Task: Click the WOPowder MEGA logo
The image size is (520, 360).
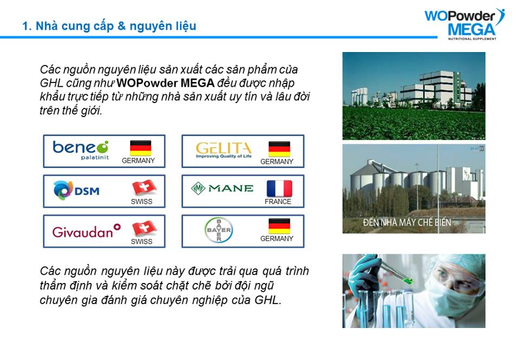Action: pos(464,24)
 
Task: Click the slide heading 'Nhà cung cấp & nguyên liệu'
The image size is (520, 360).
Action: pos(116,26)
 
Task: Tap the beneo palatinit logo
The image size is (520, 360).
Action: pos(81,150)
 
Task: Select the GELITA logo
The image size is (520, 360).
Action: pos(224,150)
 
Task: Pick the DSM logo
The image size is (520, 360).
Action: pos(76,190)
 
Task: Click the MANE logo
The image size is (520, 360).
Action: pos(222,189)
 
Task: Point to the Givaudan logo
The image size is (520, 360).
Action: pos(86,231)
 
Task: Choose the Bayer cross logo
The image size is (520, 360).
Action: pos(218,229)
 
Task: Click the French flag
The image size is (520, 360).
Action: pos(279,189)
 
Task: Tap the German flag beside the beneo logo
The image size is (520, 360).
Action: pos(140,148)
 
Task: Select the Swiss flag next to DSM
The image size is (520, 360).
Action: pos(144,188)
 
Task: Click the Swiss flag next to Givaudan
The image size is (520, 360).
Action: pos(144,228)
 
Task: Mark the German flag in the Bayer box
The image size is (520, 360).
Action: pos(279,226)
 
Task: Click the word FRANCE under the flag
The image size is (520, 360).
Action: pos(278,201)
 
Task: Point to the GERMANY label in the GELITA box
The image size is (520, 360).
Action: pos(277,162)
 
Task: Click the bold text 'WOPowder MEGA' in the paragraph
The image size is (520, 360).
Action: pos(166,82)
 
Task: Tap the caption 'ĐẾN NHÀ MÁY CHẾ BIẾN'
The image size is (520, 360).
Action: pos(407,222)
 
